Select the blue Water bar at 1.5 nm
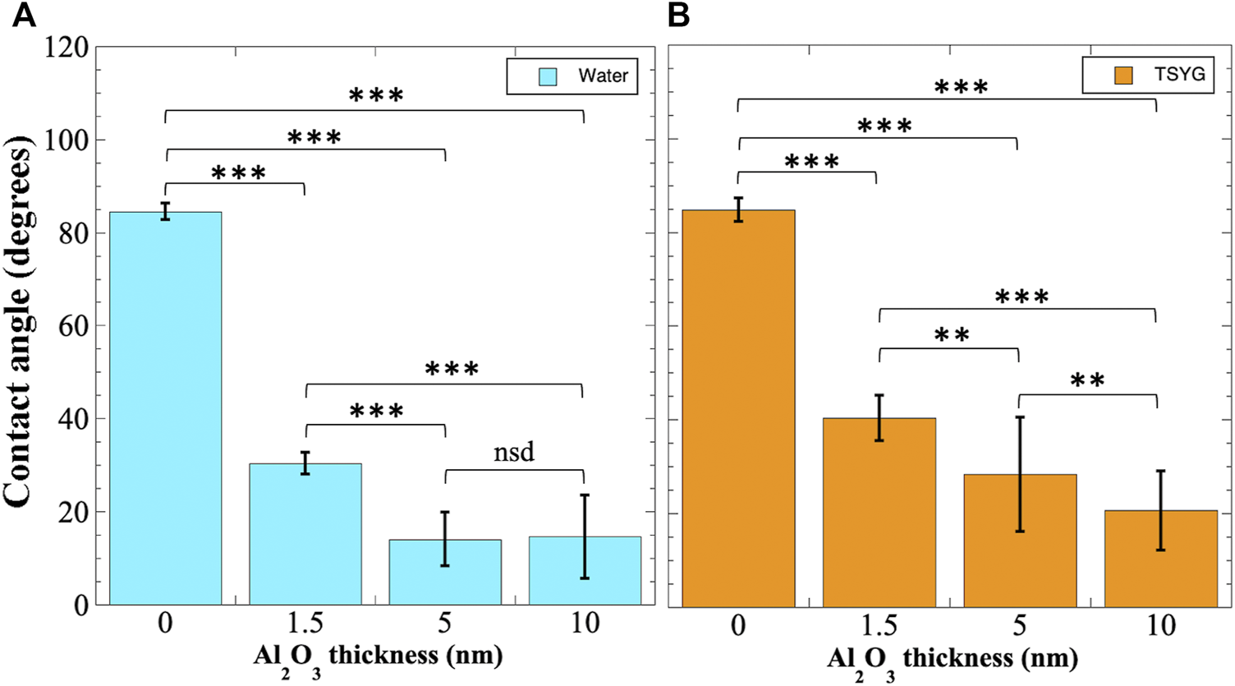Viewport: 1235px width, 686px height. (x=305, y=534)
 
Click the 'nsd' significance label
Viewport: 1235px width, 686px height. (x=514, y=452)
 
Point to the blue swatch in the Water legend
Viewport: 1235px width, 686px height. (x=548, y=76)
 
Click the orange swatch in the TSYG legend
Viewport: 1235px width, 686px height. (x=1123, y=75)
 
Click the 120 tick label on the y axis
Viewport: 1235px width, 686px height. (x=68, y=48)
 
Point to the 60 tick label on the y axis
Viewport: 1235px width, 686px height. (x=73, y=326)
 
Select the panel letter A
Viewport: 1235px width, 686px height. (x=24, y=16)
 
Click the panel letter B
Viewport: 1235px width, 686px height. (x=678, y=16)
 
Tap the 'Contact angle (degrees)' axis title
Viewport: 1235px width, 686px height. (x=18, y=326)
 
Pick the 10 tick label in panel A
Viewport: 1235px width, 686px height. (x=584, y=624)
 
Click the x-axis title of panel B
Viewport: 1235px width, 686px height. (x=951, y=660)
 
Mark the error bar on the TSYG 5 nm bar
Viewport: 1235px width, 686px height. (x=1019, y=474)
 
